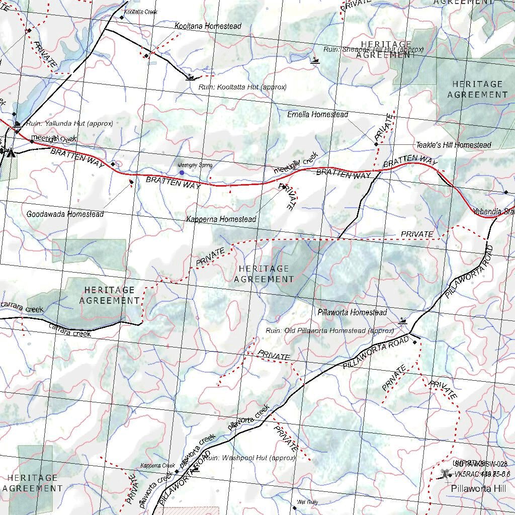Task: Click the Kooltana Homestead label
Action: (208, 26)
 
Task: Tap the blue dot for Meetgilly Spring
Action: (182, 173)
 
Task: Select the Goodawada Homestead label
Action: (65, 214)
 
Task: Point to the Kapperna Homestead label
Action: (221, 219)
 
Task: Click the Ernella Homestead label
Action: (317, 115)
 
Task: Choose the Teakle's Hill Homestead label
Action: (453, 145)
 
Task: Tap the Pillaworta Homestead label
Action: (352, 312)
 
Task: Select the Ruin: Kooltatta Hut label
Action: (242, 87)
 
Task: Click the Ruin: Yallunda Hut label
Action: (69, 123)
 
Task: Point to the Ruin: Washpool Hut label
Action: (250, 458)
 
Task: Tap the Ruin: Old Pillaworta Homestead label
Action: (330, 331)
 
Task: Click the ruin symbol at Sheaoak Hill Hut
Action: (315, 61)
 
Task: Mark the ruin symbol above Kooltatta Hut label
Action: (190, 77)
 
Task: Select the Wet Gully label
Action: (307, 502)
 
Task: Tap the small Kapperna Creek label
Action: (157, 466)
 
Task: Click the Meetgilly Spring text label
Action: (195, 165)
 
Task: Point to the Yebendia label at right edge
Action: (493, 212)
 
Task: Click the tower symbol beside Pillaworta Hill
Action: (444, 473)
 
